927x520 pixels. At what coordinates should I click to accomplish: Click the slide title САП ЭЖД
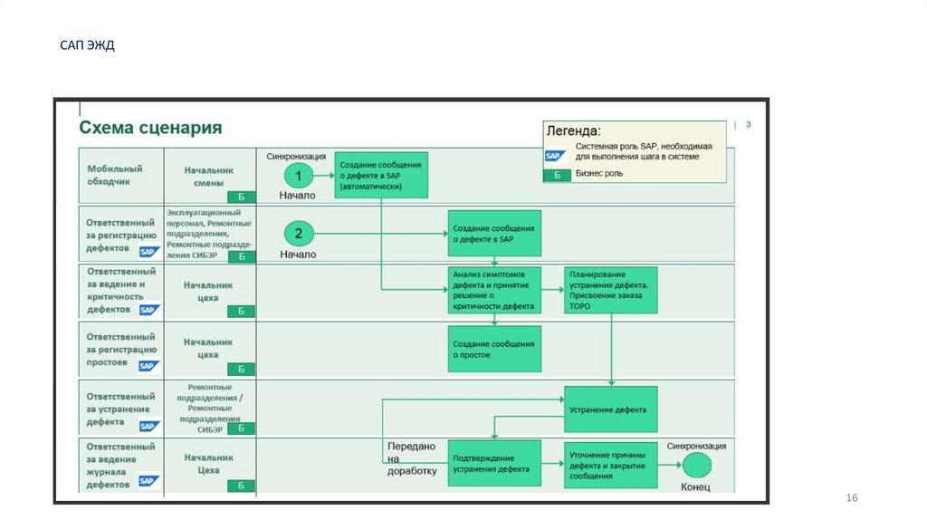[87, 45]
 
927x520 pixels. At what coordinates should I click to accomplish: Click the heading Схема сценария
[150, 128]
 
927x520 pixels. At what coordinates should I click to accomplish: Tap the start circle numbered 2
[299, 234]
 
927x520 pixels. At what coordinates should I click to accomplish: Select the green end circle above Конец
[696, 465]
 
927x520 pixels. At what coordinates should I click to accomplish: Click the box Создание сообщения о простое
[494, 349]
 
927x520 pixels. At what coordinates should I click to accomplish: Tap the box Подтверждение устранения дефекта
[494, 464]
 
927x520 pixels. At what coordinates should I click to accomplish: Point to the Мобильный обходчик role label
[115, 175]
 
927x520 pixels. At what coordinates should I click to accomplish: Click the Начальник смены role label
[208, 175]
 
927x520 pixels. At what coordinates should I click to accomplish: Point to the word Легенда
[574, 132]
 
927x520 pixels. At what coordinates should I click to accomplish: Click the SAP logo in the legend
[555, 156]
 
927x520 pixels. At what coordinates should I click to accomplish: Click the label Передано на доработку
[412, 458]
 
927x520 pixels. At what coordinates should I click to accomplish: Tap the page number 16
[851, 499]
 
